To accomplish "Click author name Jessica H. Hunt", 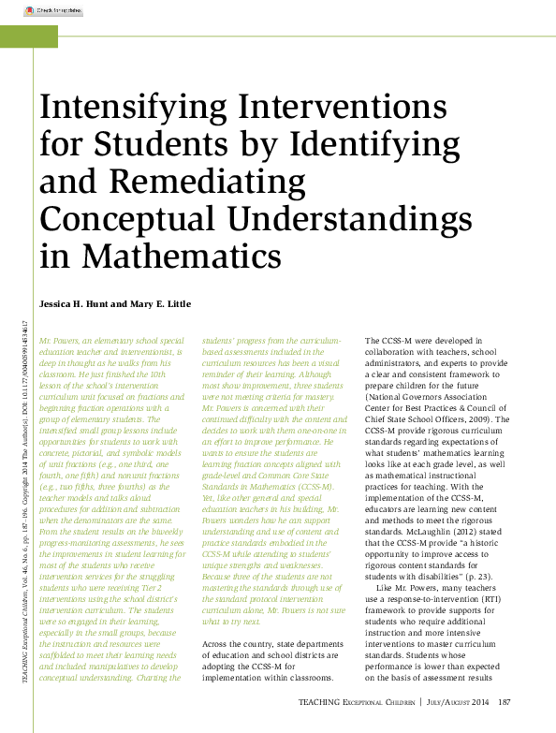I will (83, 305).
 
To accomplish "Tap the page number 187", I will (504, 701).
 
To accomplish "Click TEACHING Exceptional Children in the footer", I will (357, 701).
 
